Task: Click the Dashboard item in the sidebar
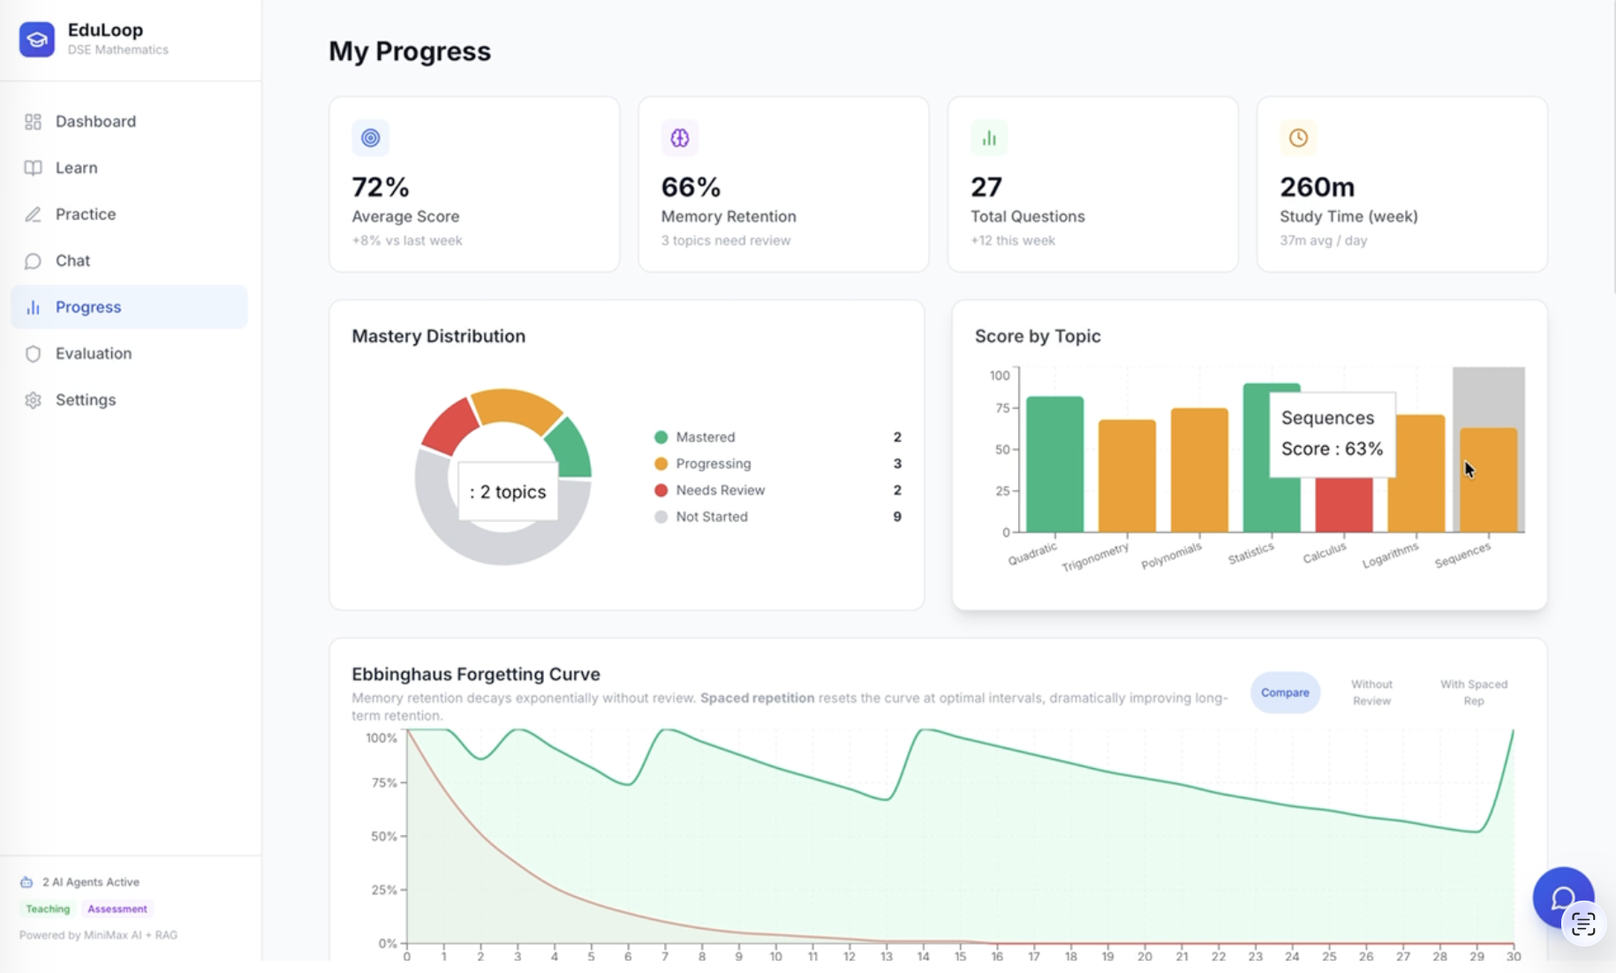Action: pos(95,121)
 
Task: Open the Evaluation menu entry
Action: pos(93,353)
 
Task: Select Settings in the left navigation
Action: pos(85,400)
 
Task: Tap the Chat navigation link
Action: pos(72,260)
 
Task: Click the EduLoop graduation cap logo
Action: pos(37,39)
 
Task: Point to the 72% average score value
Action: pos(381,187)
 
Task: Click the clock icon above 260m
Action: pos(1297,138)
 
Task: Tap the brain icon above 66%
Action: pos(679,138)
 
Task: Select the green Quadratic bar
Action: pos(1054,464)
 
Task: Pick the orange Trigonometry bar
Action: pos(1127,477)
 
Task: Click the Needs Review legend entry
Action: pos(720,490)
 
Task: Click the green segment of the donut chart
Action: pos(570,449)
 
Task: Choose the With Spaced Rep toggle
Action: pos(1473,692)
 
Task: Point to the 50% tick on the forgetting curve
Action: pos(384,836)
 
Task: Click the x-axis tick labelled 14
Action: pos(923,956)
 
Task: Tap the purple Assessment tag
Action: pos(117,909)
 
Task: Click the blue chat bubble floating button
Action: pos(1561,897)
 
